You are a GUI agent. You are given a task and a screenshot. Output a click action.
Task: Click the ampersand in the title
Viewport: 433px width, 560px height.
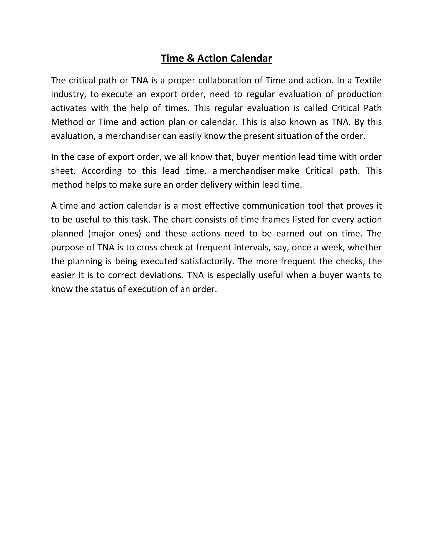[x=190, y=59]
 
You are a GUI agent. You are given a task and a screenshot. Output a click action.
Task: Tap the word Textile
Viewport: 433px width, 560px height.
[x=368, y=81]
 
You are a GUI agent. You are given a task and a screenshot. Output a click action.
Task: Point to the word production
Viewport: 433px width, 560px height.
[x=359, y=94]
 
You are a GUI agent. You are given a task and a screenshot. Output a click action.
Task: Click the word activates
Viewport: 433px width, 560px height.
[x=69, y=108]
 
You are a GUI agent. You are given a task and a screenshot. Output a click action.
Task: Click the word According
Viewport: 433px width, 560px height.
[x=101, y=171]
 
